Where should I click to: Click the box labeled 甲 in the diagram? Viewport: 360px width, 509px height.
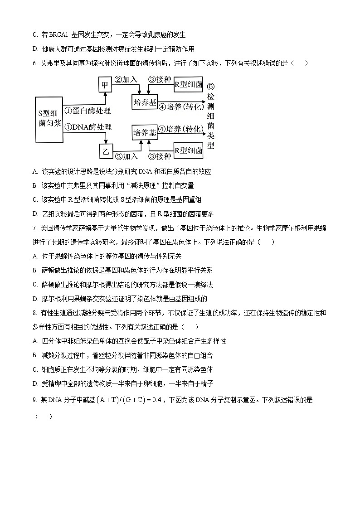105,85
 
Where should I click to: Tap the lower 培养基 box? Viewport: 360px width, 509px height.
145,133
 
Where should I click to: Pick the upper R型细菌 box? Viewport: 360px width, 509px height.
188,84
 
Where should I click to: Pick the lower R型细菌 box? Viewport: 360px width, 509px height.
188,150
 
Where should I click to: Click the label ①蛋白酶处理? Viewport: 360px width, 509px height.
88,110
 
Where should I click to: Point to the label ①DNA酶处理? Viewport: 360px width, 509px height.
88,127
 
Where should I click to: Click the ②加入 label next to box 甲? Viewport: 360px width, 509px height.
126,79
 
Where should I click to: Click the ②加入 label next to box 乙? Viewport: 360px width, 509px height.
126,156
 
